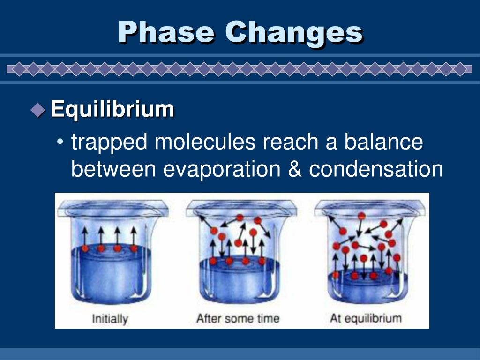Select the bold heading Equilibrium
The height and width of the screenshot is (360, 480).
click(x=112, y=109)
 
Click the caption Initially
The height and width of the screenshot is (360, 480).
click(x=110, y=319)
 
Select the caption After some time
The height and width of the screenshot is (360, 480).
click(x=238, y=319)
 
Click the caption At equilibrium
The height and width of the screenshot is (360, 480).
click(x=366, y=319)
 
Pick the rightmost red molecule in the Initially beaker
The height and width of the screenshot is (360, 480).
click(x=134, y=248)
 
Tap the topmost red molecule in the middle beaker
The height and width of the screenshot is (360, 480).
click(x=240, y=217)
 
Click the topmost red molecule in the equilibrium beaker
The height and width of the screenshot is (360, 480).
click(x=361, y=216)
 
